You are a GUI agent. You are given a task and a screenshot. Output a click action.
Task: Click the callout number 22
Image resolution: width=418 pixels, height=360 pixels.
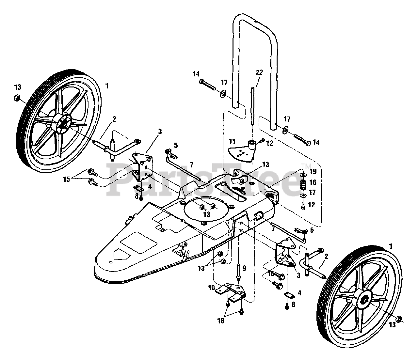(259, 72)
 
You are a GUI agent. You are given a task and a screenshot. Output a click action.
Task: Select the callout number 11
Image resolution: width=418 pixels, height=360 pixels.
(233, 141)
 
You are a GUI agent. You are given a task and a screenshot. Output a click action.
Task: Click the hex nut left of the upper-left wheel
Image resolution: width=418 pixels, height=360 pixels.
(17, 98)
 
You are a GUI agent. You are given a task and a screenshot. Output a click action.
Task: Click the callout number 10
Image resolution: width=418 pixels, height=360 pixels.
(212, 288)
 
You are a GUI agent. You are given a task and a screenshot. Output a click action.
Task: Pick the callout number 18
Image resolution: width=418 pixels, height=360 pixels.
(221, 321)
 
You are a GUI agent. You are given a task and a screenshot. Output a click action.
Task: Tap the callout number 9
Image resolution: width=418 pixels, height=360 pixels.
(244, 268)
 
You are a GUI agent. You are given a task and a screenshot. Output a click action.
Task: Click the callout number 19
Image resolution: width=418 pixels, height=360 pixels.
(313, 171)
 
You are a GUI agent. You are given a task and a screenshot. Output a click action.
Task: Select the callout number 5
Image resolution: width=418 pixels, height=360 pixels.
(176, 145)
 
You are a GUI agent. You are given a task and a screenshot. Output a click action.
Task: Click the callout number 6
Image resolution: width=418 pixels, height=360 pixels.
(312, 230)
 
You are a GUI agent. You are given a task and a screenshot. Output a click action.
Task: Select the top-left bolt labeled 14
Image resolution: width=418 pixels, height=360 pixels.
(208, 85)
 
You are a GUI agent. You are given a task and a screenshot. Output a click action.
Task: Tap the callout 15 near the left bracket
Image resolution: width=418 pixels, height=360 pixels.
(67, 179)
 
